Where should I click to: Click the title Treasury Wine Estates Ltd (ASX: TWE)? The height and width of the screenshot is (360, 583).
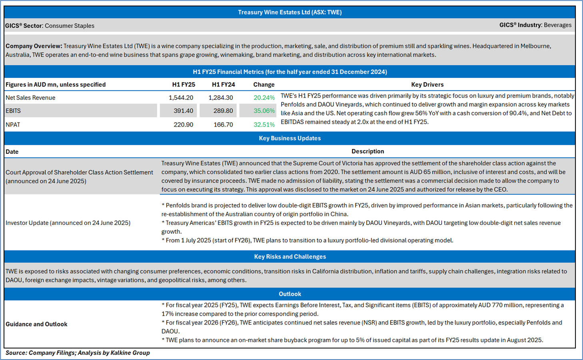290,12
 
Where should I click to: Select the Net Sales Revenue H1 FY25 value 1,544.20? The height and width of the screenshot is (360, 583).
181,97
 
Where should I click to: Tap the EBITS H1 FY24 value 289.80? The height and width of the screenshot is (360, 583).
223,111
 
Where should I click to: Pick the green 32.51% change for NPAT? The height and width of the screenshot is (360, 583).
264,125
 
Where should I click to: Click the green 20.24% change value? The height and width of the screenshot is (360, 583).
264,97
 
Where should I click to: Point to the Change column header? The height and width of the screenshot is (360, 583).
264,85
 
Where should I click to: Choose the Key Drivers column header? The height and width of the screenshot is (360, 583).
427,85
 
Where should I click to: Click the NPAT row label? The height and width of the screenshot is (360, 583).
13,125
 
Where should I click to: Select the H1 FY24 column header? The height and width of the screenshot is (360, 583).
223,85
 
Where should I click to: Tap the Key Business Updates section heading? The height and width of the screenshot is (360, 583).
290,138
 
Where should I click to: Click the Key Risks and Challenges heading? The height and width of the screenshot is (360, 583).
290,257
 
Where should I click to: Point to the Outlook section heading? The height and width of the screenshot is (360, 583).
290,294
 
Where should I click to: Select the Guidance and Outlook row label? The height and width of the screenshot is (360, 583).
36,324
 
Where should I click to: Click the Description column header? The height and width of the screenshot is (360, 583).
367,151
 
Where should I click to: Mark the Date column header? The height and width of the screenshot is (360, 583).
12,152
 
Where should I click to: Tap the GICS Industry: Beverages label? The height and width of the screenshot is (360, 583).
535,25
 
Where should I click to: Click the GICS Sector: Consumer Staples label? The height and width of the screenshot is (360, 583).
50,26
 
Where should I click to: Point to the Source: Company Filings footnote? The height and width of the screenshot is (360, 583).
78,353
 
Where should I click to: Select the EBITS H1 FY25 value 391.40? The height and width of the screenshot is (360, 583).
183,111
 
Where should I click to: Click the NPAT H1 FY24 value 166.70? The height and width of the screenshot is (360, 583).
223,125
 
